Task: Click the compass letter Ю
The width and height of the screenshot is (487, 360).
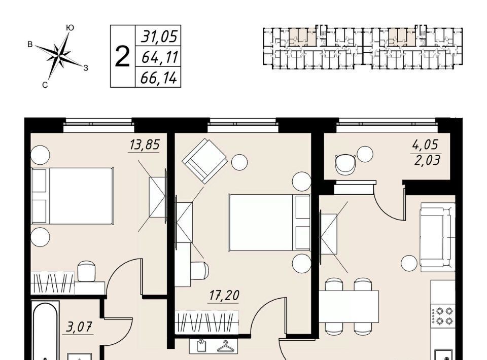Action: (x=70, y=28)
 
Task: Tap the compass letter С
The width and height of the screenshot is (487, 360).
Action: (x=45, y=85)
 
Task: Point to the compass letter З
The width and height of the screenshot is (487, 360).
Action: (x=86, y=67)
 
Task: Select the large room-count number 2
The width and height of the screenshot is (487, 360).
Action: (x=122, y=56)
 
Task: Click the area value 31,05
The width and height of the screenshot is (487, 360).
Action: (x=159, y=37)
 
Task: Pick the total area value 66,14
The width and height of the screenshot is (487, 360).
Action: (x=159, y=78)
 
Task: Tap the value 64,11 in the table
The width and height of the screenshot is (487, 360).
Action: (x=160, y=57)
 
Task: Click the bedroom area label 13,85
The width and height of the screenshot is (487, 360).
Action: (x=145, y=145)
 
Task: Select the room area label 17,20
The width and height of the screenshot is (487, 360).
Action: (x=224, y=296)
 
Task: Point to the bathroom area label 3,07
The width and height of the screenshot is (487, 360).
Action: (x=79, y=327)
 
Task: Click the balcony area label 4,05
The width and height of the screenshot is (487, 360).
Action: (x=425, y=145)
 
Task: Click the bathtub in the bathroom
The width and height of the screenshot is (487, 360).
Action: (x=45, y=331)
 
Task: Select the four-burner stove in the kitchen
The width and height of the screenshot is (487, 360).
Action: (x=442, y=315)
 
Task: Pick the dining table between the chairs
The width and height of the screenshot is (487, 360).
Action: (x=349, y=307)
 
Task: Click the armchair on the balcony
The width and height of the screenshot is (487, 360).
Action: (x=345, y=163)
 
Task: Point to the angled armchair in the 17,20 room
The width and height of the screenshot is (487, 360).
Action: (x=204, y=161)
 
